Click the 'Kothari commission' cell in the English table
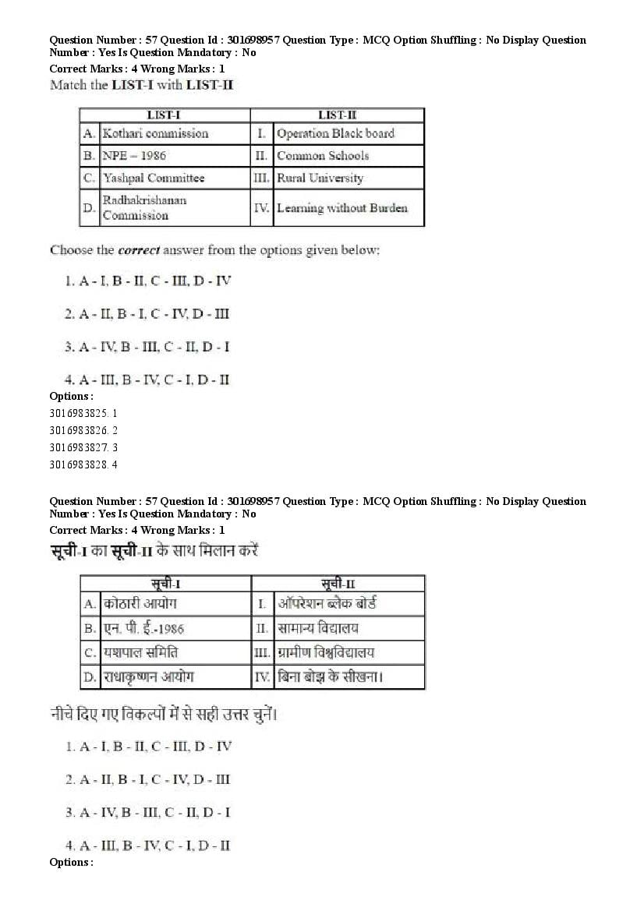click(156, 134)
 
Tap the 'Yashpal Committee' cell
click(154, 178)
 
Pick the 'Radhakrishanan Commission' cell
click(145, 208)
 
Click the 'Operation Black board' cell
click(335, 134)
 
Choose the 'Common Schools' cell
click(323, 156)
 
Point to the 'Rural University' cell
click(320, 178)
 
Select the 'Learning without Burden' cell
click(341, 208)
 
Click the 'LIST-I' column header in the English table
click(164, 115)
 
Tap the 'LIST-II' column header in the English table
click(337, 115)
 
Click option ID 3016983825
click(83, 413)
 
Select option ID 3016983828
click(83, 464)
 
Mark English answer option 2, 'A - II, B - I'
click(147, 314)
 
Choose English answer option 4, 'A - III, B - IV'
click(147, 380)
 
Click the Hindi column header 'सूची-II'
click(338, 584)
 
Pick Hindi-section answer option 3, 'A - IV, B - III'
click(147, 813)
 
